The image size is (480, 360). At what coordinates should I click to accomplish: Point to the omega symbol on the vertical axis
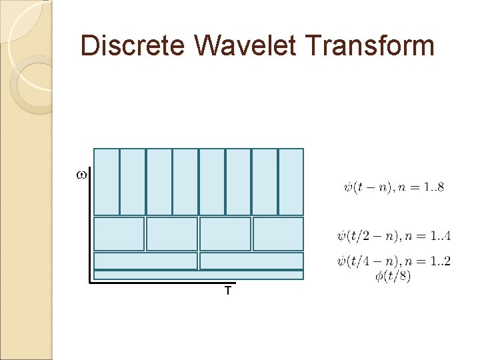(81, 175)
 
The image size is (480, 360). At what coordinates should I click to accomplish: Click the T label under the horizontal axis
(228, 291)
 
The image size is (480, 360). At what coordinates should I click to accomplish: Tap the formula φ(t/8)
(393, 275)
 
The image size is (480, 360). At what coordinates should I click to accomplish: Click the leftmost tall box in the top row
(107, 181)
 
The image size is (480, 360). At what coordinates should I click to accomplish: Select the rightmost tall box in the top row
(291, 181)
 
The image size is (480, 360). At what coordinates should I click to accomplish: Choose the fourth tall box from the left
(185, 181)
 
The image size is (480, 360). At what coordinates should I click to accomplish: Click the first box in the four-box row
(119, 234)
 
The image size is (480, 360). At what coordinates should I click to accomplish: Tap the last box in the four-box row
(278, 234)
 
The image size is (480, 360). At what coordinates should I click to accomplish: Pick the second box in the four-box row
(172, 234)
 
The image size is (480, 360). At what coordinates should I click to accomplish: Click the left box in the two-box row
(146, 261)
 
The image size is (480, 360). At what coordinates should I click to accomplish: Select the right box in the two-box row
(251, 261)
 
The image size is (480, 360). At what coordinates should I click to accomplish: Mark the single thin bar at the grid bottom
(199, 275)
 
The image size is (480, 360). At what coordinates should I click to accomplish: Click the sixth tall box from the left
(238, 181)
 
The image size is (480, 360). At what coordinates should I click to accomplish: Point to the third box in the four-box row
(225, 234)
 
